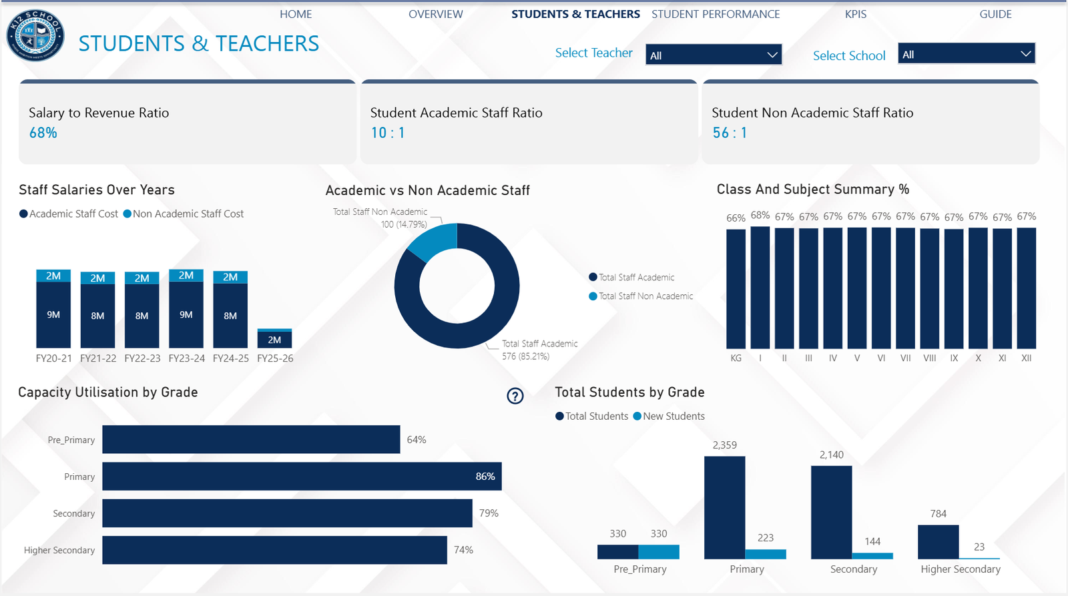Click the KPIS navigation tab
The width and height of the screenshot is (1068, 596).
click(855, 14)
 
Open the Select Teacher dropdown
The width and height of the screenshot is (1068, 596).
click(713, 55)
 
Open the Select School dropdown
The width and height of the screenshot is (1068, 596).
click(966, 54)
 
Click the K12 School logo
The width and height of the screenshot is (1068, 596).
click(35, 35)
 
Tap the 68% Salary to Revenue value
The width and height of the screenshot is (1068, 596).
click(43, 133)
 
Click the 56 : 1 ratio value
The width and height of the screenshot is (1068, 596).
click(730, 133)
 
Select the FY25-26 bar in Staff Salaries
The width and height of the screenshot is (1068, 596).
click(274, 339)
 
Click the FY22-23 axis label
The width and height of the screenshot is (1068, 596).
click(142, 358)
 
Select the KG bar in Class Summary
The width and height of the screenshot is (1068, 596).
click(736, 288)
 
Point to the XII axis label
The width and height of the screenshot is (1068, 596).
click(1026, 358)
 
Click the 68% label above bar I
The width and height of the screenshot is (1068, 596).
click(760, 216)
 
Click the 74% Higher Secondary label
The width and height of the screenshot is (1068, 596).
click(463, 550)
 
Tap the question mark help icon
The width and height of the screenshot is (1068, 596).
click(515, 396)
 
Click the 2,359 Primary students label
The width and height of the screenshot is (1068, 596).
click(724, 445)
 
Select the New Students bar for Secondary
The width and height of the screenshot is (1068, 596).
click(872, 555)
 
